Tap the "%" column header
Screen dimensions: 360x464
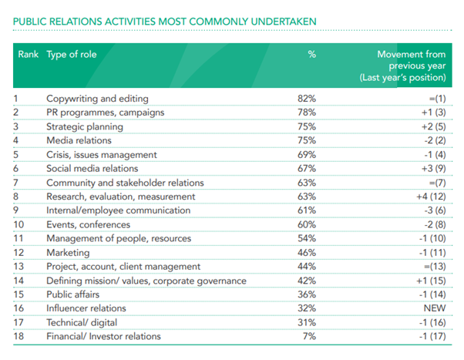point(311,55)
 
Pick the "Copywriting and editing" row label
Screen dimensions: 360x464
point(97,99)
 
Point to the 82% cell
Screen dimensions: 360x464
point(307,99)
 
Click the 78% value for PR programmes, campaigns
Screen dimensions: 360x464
point(307,113)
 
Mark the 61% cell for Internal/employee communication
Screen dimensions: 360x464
point(307,210)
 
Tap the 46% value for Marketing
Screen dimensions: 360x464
point(307,252)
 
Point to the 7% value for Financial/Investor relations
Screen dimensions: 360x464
point(309,336)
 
